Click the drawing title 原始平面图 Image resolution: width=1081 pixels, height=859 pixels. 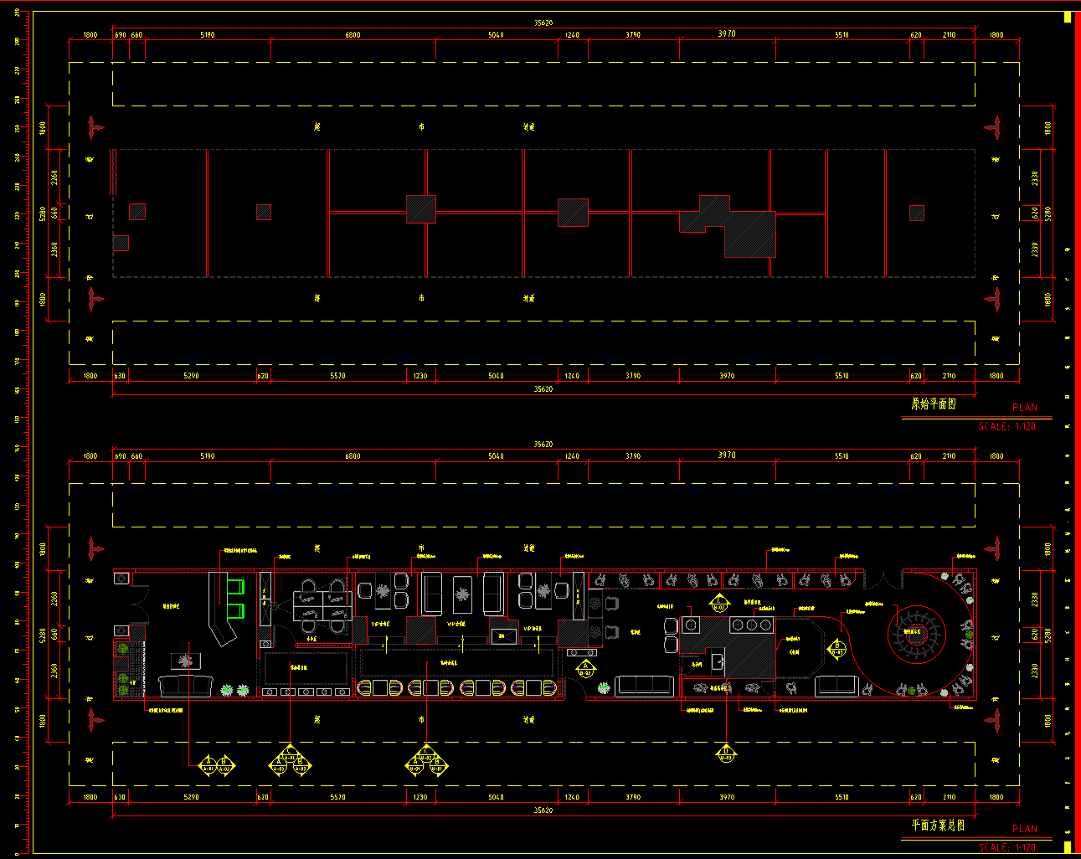pyautogui.click(x=933, y=404)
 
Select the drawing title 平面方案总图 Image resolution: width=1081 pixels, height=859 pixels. pyautogui.click(x=937, y=826)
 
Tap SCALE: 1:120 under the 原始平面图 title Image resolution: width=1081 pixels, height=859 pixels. pyautogui.click(x=1006, y=426)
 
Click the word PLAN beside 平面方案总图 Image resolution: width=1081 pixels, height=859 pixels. pyautogui.click(x=1024, y=829)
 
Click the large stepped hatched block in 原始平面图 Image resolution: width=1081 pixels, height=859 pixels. pyautogui.click(x=737, y=228)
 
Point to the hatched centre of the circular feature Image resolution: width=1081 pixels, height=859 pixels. pyautogui.click(x=916, y=635)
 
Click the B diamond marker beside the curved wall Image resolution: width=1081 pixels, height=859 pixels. pyautogui.click(x=837, y=648)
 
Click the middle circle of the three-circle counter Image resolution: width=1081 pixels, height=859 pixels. pyautogui.click(x=751, y=625)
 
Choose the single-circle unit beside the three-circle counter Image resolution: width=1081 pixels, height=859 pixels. pyautogui.click(x=691, y=625)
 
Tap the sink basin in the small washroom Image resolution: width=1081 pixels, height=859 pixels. pyautogui.click(x=718, y=661)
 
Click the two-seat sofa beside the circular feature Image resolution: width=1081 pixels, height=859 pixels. pyautogui.click(x=836, y=687)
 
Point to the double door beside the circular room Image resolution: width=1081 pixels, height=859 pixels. pyautogui.click(x=876, y=580)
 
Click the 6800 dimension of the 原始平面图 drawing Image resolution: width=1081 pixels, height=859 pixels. pyautogui.click(x=353, y=35)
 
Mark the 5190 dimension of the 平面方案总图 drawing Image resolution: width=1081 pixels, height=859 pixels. pyautogui.click(x=207, y=456)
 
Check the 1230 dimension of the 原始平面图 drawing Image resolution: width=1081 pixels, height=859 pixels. pyautogui.click(x=420, y=376)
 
